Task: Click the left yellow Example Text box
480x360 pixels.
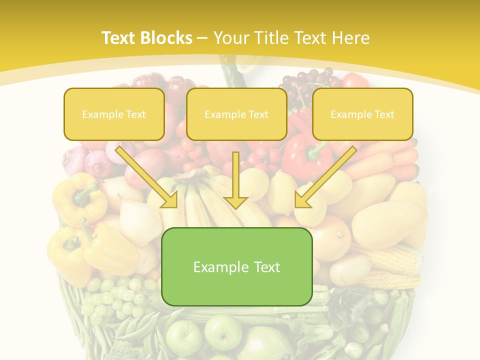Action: click(x=114, y=114)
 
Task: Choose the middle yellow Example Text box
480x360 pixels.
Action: click(x=236, y=114)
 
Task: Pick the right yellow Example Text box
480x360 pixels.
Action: click(x=362, y=114)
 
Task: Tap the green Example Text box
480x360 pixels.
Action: click(x=236, y=267)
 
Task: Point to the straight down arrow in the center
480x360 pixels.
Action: click(x=236, y=180)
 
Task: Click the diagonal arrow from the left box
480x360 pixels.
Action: click(x=147, y=177)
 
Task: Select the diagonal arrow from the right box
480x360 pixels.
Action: click(x=325, y=177)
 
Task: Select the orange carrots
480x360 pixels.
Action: click(x=385, y=160)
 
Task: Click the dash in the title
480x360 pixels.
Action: click(x=202, y=38)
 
